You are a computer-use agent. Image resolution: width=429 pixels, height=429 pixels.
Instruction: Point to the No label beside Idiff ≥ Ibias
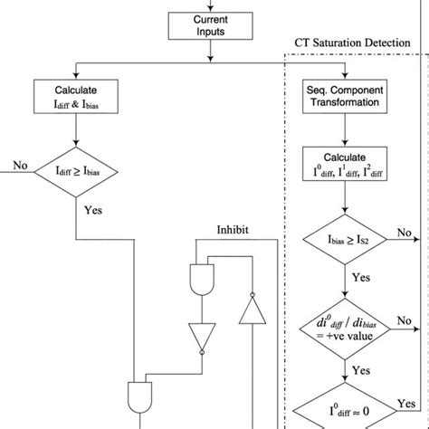click(20, 165)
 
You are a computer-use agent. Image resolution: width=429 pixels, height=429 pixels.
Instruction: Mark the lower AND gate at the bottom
click(139, 395)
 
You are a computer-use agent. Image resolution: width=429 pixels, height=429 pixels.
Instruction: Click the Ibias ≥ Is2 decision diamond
click(344, 240)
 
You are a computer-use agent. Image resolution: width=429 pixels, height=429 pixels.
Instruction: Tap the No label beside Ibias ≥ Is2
click(403, 233)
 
